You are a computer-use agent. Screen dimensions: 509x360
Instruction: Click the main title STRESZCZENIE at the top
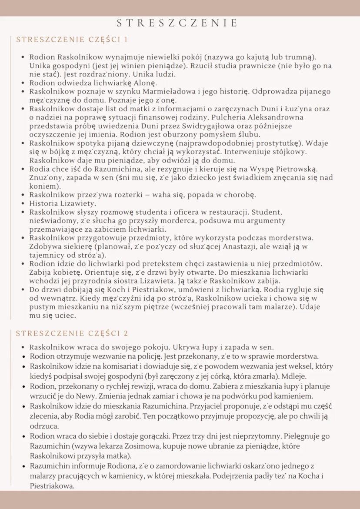[178, 23]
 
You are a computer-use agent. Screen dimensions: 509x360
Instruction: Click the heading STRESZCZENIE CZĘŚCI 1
[72, 40]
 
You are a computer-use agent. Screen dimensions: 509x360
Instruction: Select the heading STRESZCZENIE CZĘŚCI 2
[72, 333]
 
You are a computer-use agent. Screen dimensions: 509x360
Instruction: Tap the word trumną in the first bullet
[303, 57]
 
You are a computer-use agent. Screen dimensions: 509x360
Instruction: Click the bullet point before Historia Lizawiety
[22, 203]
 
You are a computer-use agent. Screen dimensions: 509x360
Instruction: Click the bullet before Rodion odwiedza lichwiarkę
[22, 83]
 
